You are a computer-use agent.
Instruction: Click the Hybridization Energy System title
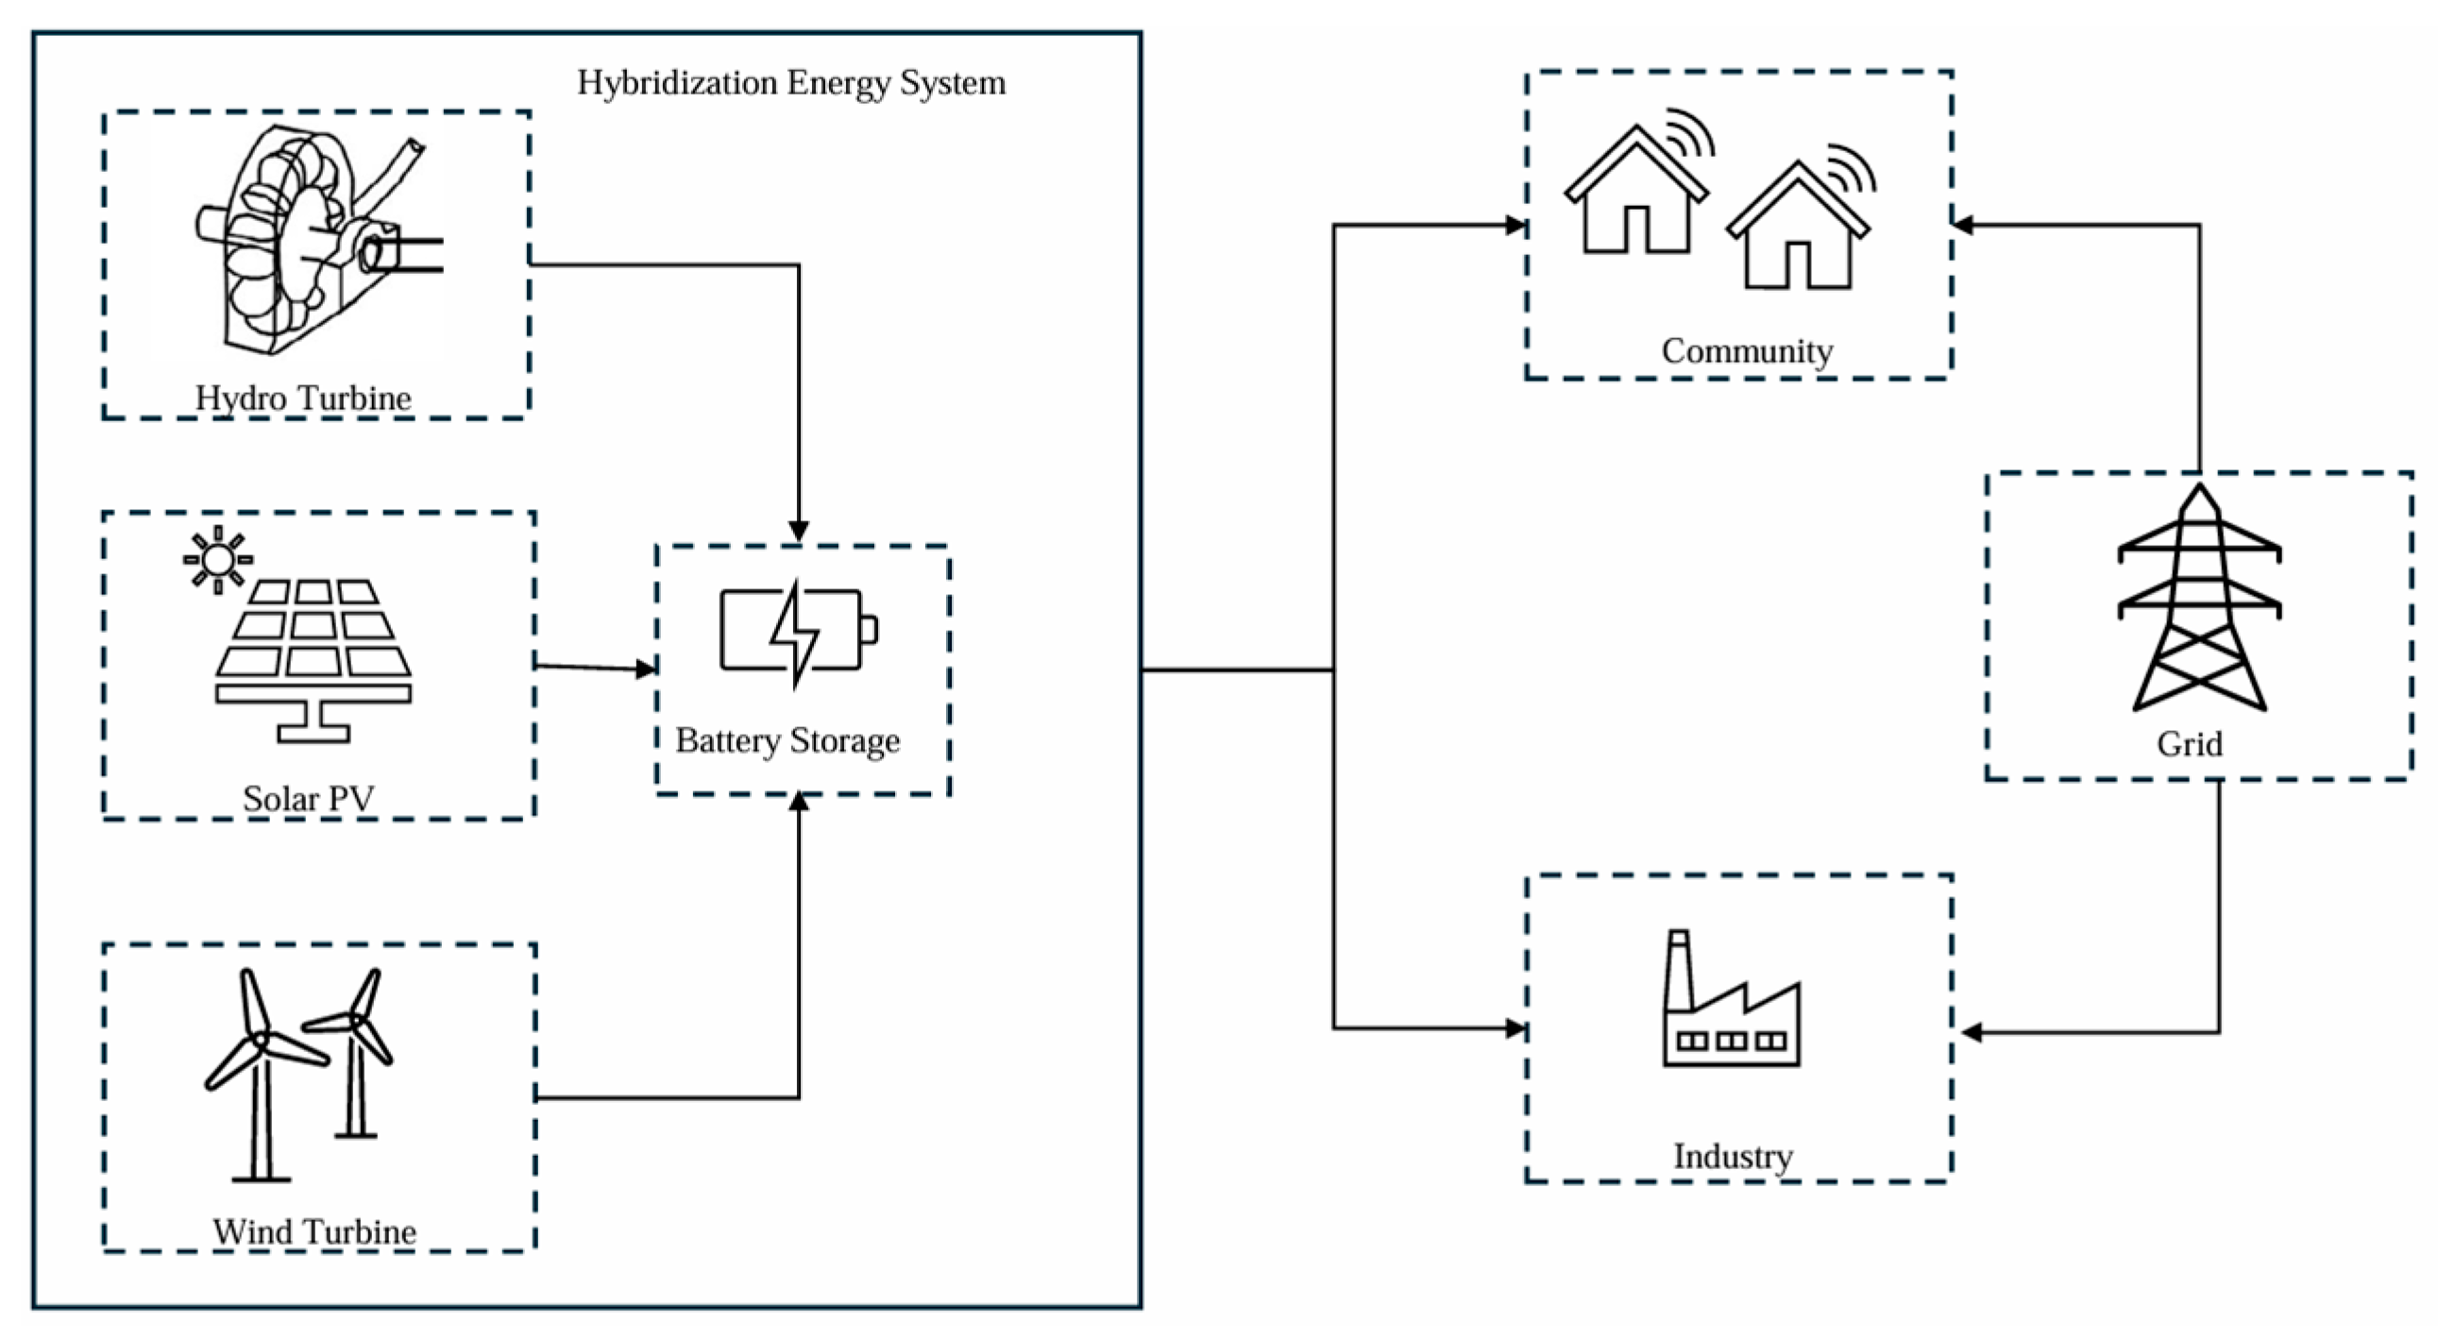click(x=791, y=83)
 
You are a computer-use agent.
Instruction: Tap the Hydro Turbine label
click(x=303, y=398)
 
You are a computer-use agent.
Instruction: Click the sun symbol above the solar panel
click(x=218, y=559)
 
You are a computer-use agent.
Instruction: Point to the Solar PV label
click(x=309, y=799)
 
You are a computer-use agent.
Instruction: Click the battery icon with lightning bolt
click(x=797, y=631)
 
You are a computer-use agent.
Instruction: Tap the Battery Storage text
click(x=787, y=740)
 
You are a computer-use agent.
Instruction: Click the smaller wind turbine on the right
click(x=356, y=1050)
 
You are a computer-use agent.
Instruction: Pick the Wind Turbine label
click(x=314, y=1231)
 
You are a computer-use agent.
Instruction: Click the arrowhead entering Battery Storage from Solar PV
click(x=648, y=669)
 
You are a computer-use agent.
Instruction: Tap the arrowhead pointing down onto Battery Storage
click(x=799, y=532)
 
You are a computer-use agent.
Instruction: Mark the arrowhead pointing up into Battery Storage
click(x=799, y=803)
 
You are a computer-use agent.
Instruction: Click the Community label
click(x=1747, y=351)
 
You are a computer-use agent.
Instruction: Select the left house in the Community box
click(x=1635, y=194)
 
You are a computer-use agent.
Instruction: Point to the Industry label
click(x=1733, y=1157)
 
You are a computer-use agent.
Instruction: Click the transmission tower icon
click(x=2198, y=601)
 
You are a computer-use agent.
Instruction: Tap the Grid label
click(x=2189, y=744)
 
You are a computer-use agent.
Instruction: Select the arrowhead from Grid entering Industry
click(x=1972, y=1032)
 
